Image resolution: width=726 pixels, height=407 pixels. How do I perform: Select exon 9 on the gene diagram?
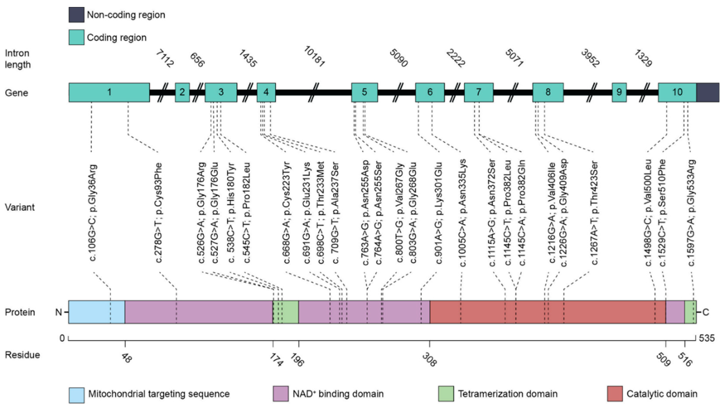[619, 92]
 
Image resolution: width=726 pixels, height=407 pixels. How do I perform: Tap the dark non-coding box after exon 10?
[708, 92]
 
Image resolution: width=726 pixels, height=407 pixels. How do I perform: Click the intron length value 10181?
[314, 57]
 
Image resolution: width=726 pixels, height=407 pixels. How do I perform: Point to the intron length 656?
[197, 60]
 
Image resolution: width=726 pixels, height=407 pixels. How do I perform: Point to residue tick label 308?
[429, 360]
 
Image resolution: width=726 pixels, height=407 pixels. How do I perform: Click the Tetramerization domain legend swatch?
[446, 394]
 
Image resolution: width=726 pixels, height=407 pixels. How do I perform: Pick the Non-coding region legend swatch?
[76, 15]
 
